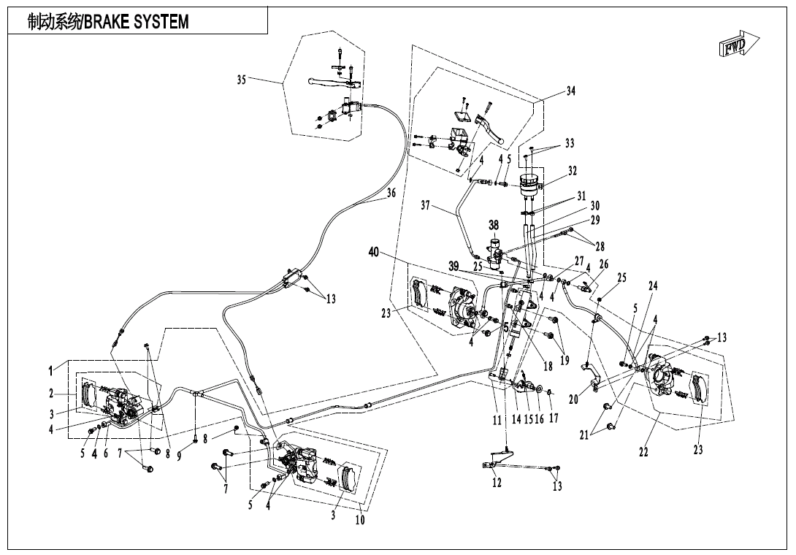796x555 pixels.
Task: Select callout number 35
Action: click(241, 80)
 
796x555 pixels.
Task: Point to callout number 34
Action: click(571, 91)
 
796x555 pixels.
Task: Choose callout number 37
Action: click(426, 206)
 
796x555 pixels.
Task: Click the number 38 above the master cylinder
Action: click(494, 226)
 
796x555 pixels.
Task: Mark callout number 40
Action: click(374, 253)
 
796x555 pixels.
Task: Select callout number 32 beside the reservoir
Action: click(573, 171)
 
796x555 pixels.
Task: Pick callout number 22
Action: click(643, 452)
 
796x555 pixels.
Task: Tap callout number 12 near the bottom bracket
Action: click(497, 483)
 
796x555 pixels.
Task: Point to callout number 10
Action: click(359, 520)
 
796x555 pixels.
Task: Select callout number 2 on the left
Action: click(52, 394)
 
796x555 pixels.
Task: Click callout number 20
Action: click(573, 399)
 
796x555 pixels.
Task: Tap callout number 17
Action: click(554, 418)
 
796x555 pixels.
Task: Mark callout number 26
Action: click(603, 264)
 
